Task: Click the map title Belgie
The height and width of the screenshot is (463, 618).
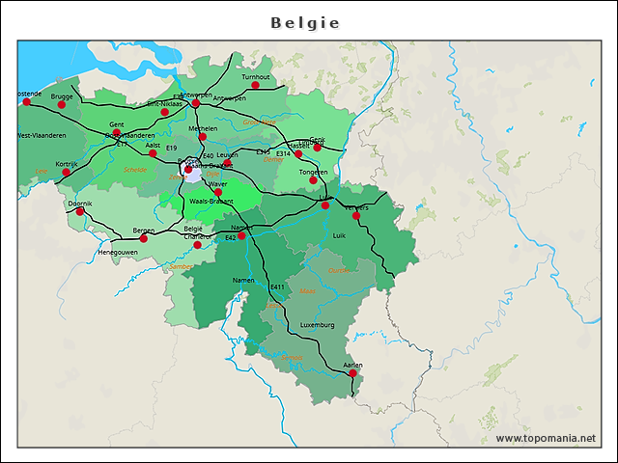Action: (x=305, y=22)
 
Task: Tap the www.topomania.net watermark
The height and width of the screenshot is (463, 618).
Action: (x=546, y=438)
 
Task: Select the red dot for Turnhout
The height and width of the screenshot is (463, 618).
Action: (x=256, y=85)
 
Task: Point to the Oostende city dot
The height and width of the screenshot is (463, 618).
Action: (x=26, y=101)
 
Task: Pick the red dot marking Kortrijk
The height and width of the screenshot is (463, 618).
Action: (x=67, y=173)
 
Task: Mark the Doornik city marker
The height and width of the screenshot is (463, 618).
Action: (x=80, y=211)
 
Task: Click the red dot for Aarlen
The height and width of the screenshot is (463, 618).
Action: (x=352, y=372)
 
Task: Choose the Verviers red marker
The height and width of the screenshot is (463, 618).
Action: (x=356, y=215)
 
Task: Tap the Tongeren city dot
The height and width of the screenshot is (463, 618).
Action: (x=313, y=180)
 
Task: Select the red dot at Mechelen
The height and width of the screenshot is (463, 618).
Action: (x=203, y=136)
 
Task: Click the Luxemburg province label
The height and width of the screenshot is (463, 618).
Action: (x=317, y=325)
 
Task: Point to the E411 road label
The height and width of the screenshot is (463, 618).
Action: (x=278, y=287)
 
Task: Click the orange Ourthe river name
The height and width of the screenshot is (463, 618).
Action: (x=339, y=271)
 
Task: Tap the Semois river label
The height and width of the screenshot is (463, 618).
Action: (x=291, y=358)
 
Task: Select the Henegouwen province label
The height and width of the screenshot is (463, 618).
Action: (x=118, y=252)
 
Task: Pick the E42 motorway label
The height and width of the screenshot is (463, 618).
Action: (x=230, y=237)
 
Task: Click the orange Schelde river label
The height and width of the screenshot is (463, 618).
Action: (x=135, y=170)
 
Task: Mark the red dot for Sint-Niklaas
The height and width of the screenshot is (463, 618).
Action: (x=165, y=112)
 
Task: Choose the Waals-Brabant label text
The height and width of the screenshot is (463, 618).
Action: (x=211, y=202)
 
